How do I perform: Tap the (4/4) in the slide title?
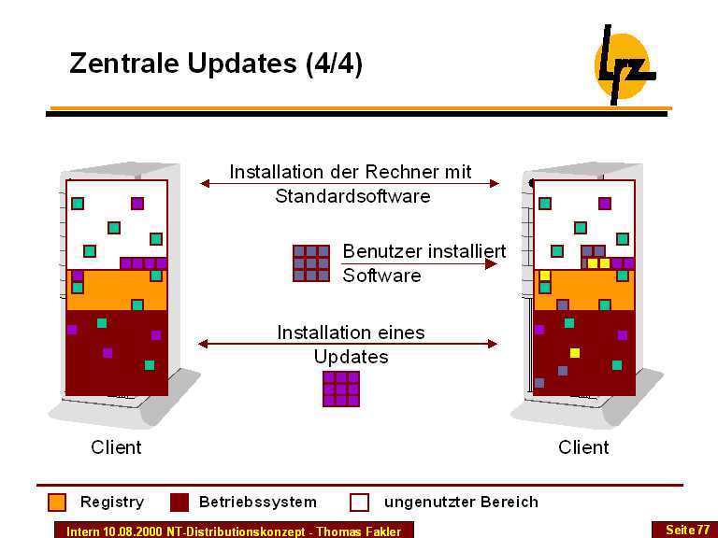(x=334, y=64)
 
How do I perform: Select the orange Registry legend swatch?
(x=57, y=503)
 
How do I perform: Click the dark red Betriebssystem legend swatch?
(x=179, y=503)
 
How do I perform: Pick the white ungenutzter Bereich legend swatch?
(x=360, y=503)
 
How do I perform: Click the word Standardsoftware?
(x=352, y=196)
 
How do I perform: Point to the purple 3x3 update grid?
(x=341, y=389)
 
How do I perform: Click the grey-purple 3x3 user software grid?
(x=311, y=263)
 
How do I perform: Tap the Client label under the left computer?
(x=116, y=447)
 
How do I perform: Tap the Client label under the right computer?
(x=583, y=447)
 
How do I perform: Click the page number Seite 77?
(x=687, y=530)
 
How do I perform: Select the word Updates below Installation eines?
(x=351, y=357)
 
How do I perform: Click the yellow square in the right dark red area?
(x=575, y=353)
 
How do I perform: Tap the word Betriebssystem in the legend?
(x=258, y=503)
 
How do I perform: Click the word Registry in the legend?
(x=112, y=503)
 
